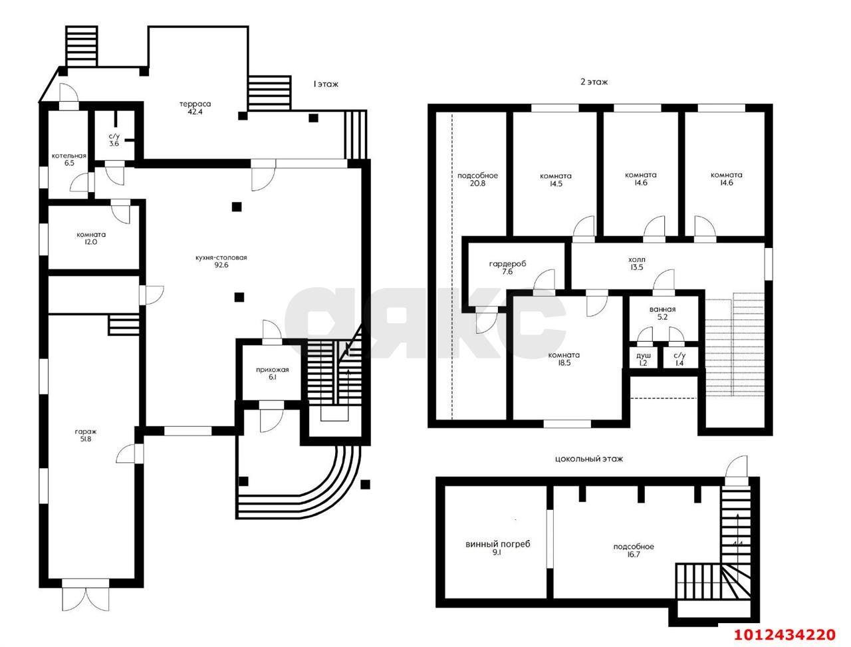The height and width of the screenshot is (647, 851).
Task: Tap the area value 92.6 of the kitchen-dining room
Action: coord(221,265)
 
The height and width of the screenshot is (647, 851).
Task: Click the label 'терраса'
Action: coord(195,104)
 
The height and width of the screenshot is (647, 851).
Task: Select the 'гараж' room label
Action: coord(86,432)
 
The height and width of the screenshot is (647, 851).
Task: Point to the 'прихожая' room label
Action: coord(272,370)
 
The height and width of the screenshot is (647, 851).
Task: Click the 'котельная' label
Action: coord(69,156)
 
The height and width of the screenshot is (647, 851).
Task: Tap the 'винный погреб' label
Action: coord(498,545)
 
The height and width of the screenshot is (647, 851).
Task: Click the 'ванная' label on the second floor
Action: coord(663,309)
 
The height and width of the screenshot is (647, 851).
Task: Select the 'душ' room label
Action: coord(643,356)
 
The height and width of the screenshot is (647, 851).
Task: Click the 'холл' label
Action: coord(637,259)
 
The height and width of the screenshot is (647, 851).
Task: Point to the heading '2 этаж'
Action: coord(594,82)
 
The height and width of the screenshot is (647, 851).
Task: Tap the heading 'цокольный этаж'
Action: coord(589,459)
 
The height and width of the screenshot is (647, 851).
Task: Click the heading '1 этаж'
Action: coord(326,84)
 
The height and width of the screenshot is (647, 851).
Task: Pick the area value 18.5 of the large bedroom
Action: coord(564,363)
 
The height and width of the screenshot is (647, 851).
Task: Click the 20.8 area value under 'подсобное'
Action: coord(477,184)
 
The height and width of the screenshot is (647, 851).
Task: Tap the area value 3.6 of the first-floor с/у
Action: coord(114,144)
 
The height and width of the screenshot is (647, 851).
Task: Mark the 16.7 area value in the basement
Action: coord(632,555)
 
